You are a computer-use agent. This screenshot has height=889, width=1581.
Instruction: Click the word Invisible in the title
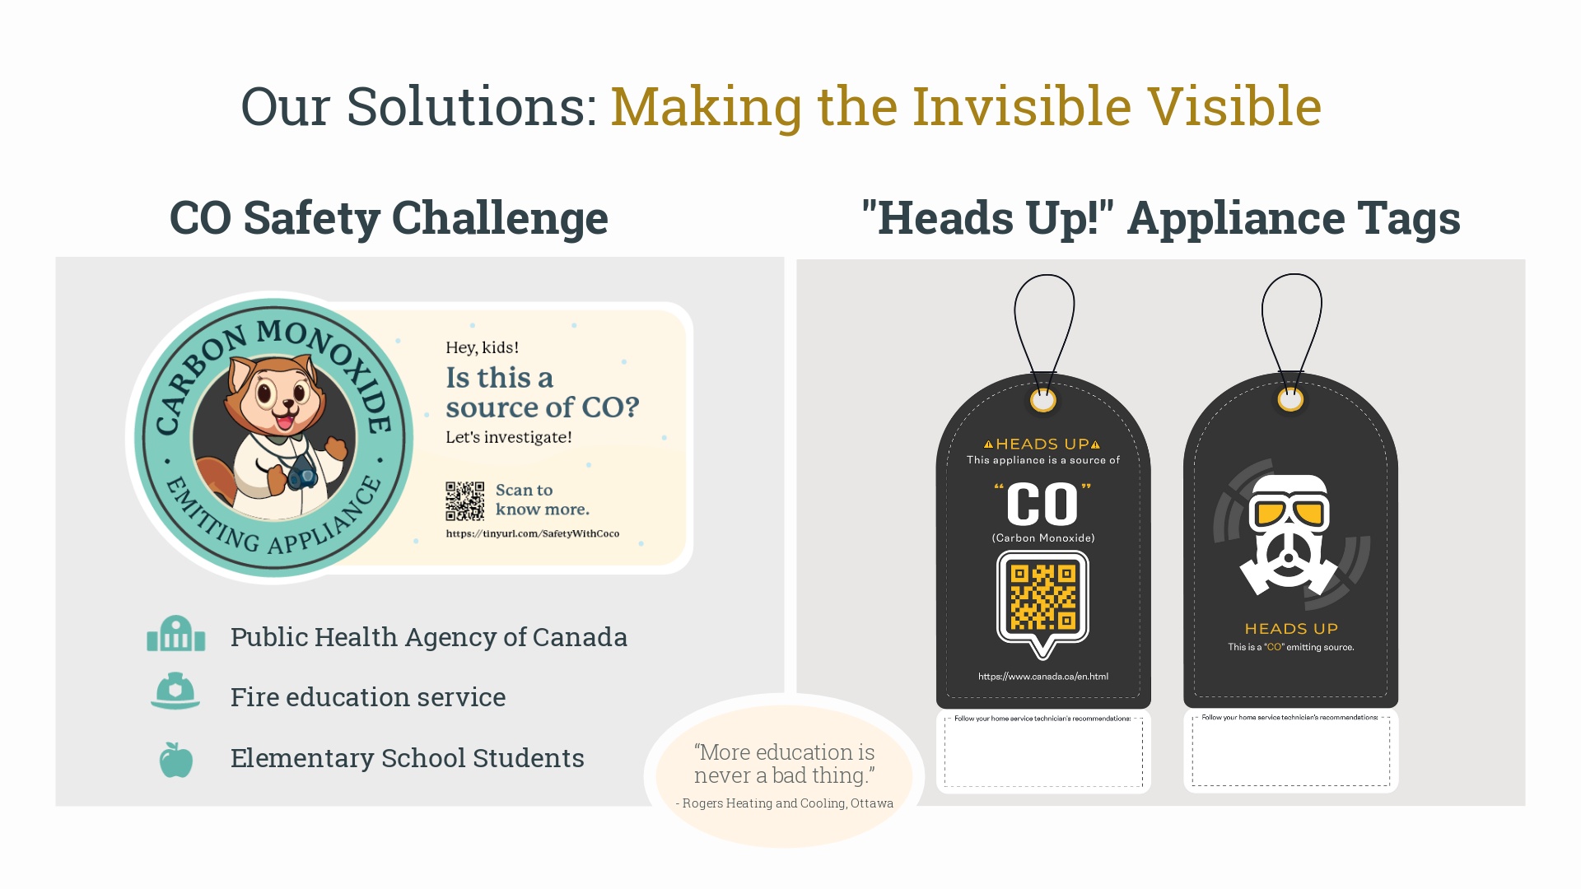pyautogui.click(x=1022, y=106)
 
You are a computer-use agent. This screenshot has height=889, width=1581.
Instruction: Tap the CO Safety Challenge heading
pyautogui.click(x=389, y=218)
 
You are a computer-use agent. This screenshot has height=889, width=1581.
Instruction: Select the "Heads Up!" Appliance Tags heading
pyautogui.click(x=1161, y=218)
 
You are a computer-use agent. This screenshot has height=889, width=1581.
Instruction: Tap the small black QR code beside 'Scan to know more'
pyautogui.click(x=465, y=500)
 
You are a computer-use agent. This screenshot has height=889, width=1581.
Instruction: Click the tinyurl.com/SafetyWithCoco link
pyautogui.click(x=533, y=533)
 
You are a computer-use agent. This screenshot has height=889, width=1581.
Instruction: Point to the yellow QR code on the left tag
pyautogui.click(x=1043, y=597)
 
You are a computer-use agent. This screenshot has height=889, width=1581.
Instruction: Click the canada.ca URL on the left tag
pyautogui.click(x=1043, y=677)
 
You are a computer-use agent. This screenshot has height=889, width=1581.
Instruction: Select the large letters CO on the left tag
pyautogui.click(x=1042, y=504)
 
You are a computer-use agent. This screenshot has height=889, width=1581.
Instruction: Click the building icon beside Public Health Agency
pyautogui.click(x=175, y=634)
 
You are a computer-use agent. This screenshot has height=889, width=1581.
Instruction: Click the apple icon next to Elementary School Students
pyautogui.click(x=175, y=759)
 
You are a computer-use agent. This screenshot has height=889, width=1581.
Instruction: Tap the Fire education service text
pyautogui.click(x=368, y=697)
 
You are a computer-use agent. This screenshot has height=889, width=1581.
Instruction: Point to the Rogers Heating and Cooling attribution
pyautogui.click(x=785, y=803)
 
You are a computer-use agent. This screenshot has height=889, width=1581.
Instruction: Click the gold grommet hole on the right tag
pyautogui.click(x=1290, y=400)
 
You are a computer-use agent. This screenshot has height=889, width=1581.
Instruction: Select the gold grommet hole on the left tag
pyautogui.click(x=1043, y=401)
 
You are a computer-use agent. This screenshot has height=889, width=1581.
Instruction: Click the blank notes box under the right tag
pyautogui.click(x=1290, y=751)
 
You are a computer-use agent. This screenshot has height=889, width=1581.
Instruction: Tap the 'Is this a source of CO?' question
pyautogui.click(x=543, y=393)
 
